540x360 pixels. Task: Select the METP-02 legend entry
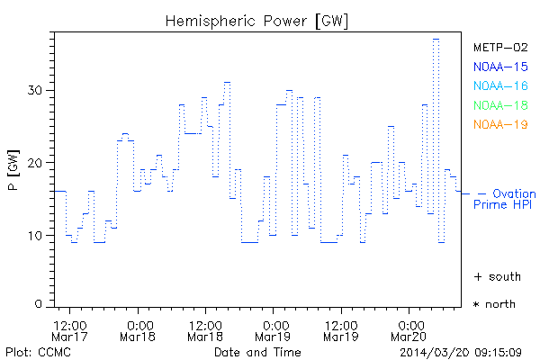[500, 47]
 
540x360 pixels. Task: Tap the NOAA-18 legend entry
[500, 105]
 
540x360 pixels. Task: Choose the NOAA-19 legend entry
[500, 124]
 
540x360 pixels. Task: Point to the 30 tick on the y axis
[35, 90]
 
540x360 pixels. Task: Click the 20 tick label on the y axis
[35, 163]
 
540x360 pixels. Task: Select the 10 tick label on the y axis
[35, 236]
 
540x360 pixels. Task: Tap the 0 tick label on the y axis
[40, 304]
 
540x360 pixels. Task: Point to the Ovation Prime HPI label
[504, 199]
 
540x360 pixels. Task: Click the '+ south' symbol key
[494, 275]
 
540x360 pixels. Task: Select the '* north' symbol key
[494, 304]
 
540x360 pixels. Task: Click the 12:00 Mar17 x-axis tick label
[69, 331]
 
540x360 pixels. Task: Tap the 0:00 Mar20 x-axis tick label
[409, 331]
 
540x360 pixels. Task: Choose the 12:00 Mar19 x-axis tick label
[341, 331]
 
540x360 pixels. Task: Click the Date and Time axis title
[258, 351]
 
